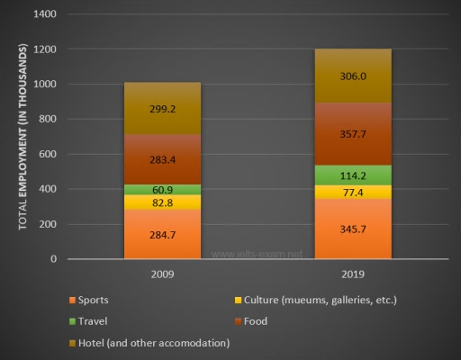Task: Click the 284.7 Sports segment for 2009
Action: point(162,234)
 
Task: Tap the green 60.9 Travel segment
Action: point(162,190)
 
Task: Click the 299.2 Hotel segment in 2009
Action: point(162,109)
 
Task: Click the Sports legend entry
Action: point(95,299)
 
